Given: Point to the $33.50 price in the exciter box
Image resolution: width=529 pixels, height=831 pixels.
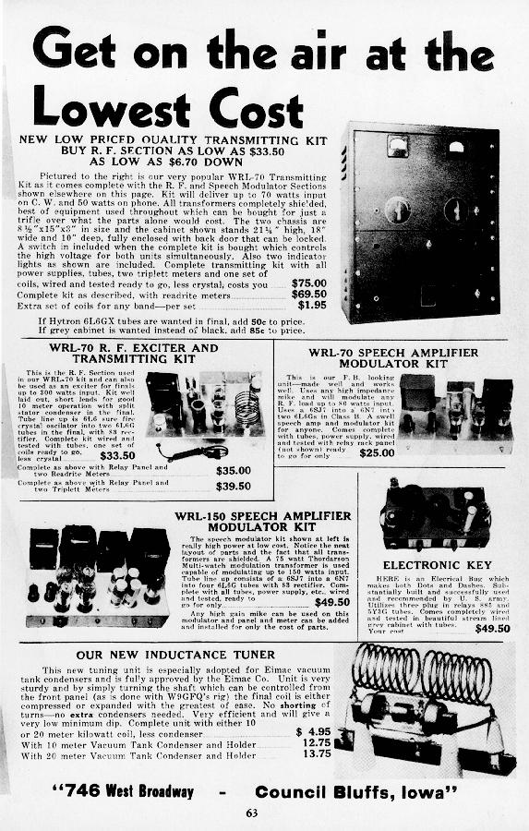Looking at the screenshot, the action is pyautogui.click(x=117, y=455).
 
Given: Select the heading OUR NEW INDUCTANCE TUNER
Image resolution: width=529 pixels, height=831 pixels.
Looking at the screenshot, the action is pyautogui.click(x=166, y=656).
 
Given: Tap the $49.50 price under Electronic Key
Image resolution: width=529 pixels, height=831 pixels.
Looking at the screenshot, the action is pyautogui.click(x=492, y=628).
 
